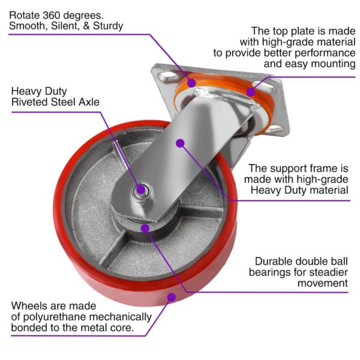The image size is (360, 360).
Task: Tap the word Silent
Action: coord(66,25)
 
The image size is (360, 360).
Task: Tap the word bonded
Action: coord(27,329)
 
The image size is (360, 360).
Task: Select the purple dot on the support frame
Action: coord(179,142)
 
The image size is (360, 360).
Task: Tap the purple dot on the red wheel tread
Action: coord(172,296)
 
